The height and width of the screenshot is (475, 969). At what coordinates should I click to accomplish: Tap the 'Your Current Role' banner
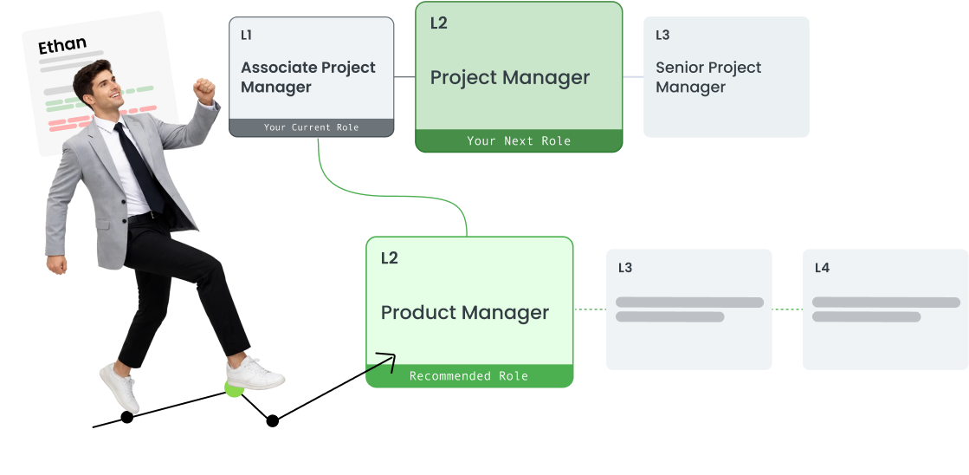pyautogui.click(x=311, y=127)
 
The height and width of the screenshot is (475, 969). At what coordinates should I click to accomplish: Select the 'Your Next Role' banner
pyautogui.click(x=519, y=140)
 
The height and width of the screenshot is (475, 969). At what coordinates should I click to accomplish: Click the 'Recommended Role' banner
pyautogui.click(x=468, y=376)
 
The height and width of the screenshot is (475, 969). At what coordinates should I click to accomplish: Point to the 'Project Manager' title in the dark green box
pyautogui.click(x=510, y=77)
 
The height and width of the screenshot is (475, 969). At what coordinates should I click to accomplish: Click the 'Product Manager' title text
pyautogui.click(x=465, y=312)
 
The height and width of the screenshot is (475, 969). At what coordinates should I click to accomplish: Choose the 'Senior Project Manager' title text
pyautogui.click(x=708, y=77)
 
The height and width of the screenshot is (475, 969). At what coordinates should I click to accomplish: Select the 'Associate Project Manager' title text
pyautogui.click(x=308, y=77)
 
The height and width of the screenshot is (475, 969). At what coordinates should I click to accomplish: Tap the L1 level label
pyautogui.click(x=247, y=36)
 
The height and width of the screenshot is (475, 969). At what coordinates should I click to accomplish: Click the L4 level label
pyautogui.click(x=822, y=268)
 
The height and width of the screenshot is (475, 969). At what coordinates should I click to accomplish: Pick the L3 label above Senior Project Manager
pyautogui.click(x=662, y=36)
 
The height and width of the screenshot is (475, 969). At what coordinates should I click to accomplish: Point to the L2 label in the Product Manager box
pyautogui.click(x=390, y=258)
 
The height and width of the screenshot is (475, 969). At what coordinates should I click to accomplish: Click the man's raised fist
pyautogui.click(x=204, y=88)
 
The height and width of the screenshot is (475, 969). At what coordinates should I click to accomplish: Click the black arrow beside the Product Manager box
pyautogui.click(x=381, y=362)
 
